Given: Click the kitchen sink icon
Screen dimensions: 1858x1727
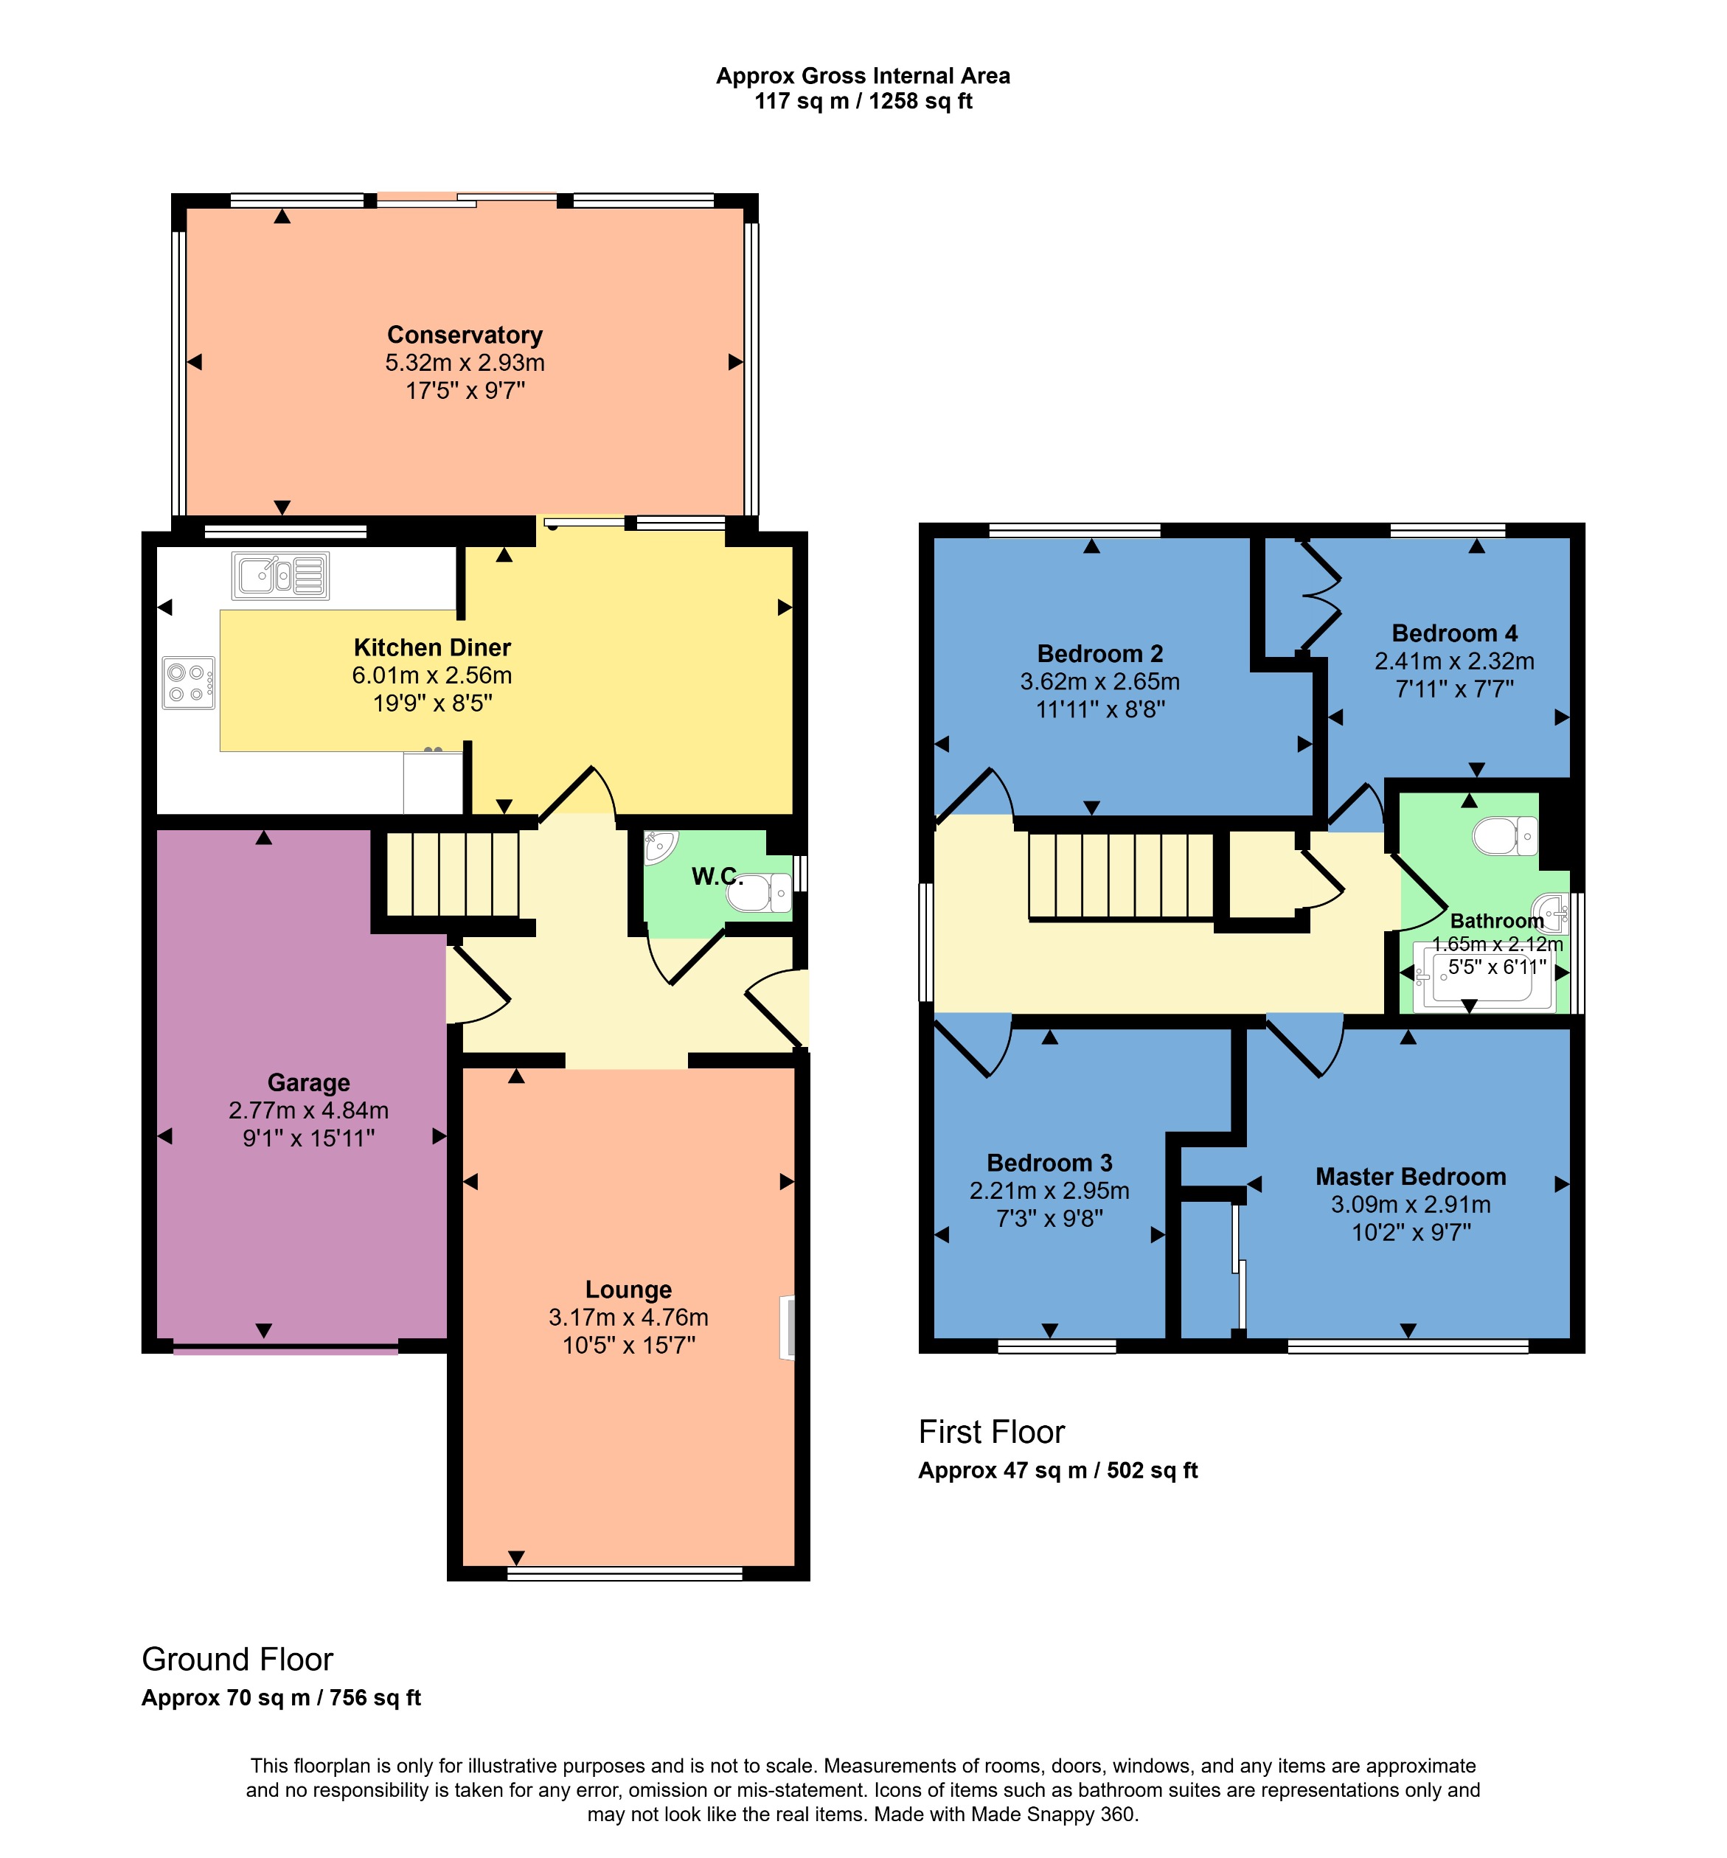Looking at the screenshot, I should coord(280,575).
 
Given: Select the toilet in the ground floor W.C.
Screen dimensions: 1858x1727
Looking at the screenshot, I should coord(759,894).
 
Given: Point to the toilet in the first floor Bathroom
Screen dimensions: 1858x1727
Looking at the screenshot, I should coord(1504,835).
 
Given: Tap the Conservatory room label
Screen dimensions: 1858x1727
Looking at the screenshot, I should coord(465,335).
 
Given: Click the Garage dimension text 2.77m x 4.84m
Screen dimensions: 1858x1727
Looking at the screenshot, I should coord(308,1110).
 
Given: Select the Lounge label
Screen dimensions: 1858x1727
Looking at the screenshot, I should coord(628,1290).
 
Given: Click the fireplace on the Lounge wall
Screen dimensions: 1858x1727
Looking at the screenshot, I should coord(787,1327).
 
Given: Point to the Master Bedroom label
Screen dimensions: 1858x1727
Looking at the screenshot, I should coord(1410,1177).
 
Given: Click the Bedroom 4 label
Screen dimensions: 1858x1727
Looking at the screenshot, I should coord(1454,633).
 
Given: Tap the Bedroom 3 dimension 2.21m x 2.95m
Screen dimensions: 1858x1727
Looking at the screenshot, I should coord(1049,1191).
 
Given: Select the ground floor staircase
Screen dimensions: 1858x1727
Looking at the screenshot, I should coord(454,874).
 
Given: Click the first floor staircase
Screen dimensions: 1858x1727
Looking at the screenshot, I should coord(1121,876).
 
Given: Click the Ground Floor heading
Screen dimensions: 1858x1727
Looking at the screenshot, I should coord(237,1659).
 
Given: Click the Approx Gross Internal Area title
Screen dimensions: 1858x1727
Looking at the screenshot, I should coord(863,76).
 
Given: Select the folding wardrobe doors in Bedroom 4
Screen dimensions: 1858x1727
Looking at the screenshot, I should coord(1318,595).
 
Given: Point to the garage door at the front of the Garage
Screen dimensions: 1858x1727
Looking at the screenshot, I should coord(285,1349).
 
